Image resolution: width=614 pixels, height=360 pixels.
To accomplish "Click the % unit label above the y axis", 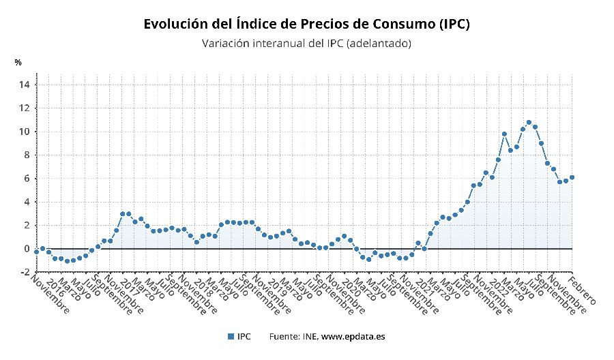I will click(18, 63).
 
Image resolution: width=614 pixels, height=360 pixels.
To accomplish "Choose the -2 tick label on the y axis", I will click(24, 272).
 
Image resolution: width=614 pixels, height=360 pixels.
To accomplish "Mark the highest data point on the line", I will click(529, 123).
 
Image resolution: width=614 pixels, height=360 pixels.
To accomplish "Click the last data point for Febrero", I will click(572, 177).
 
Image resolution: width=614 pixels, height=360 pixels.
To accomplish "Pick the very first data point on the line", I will click(36, 252).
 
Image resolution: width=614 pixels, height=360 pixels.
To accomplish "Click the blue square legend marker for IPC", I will click(231, 336).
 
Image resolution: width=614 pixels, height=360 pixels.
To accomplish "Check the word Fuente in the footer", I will click(284, 336).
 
